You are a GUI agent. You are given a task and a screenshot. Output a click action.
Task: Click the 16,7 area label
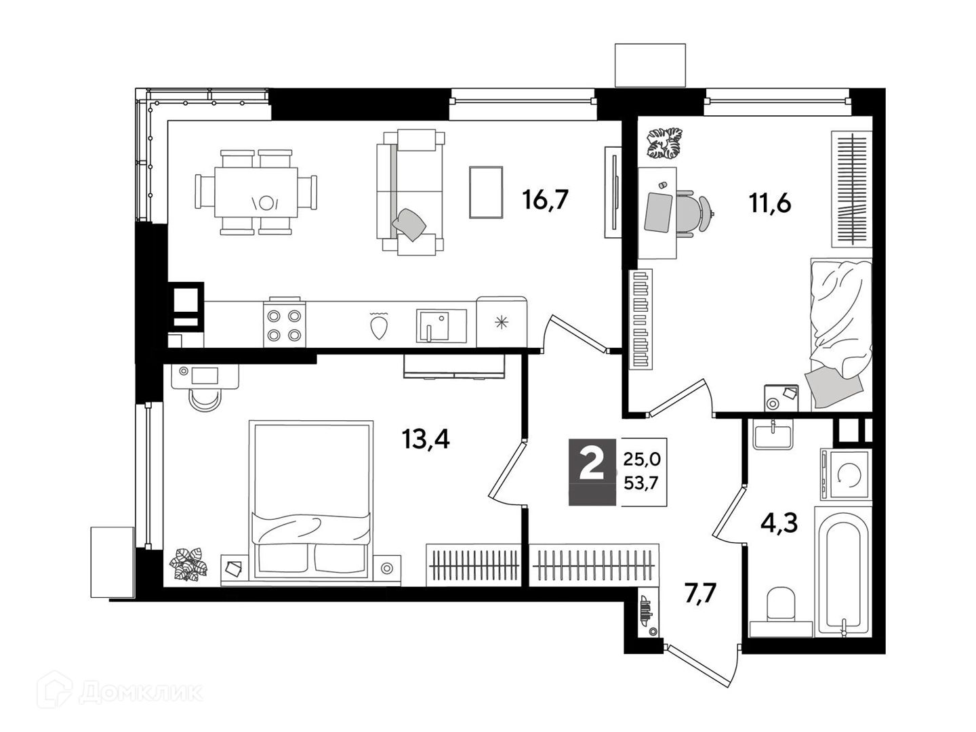545,199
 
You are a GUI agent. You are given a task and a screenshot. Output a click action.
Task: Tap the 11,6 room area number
770,204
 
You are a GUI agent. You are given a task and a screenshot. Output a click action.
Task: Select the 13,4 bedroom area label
426,439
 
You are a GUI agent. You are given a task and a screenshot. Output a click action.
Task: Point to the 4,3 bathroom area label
779,523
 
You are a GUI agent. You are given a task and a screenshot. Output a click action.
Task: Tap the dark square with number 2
592,472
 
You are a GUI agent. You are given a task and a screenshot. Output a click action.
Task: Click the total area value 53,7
640,483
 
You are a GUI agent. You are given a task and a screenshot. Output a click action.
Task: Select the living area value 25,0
642,460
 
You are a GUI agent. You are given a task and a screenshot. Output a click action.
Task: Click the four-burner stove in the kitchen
284,323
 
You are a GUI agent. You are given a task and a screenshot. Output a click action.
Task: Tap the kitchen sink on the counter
441,326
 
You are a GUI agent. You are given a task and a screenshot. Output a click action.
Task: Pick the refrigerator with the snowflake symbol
502,322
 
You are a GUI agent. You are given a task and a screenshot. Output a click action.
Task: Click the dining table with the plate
256,192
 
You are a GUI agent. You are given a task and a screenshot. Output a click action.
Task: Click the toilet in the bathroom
781,604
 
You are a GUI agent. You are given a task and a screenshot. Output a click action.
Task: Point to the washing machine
846,474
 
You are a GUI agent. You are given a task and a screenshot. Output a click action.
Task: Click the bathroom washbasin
773,434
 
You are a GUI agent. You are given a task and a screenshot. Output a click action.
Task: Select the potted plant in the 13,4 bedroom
188,565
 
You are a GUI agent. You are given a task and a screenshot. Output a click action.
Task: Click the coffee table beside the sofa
486,192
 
